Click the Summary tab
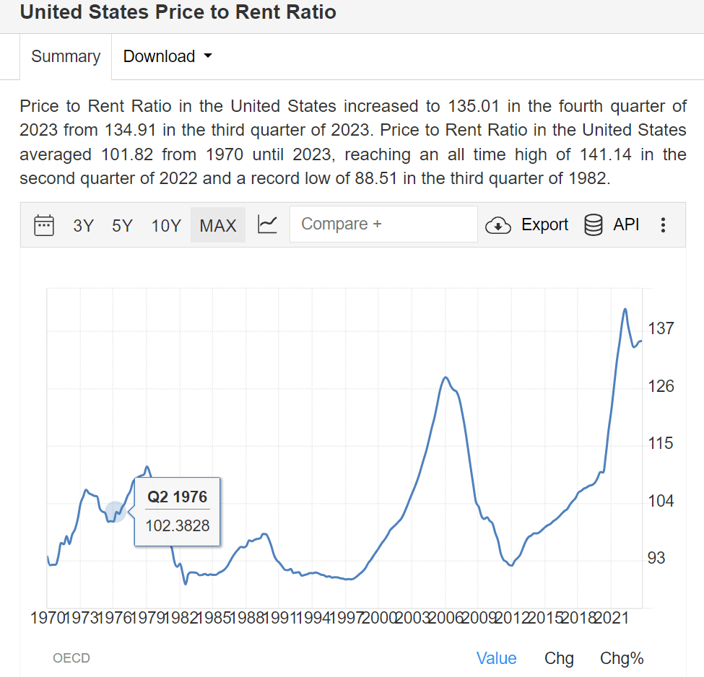coord(66,56)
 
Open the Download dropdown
coord(167,56)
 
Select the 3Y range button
coord(84,225)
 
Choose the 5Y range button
coord(122,225)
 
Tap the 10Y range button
coord(166,225)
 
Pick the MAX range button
coord(218,225)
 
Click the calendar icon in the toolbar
coord(44,225)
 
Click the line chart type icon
coord(267,225)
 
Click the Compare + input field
coord(383,224)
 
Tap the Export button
coord(527,225)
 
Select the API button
coord(612,225)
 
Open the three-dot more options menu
coord(663,225)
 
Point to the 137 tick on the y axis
coord(660,328)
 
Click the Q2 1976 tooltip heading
coord(177,497)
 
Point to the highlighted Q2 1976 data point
coord(115,512)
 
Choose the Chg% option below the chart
coord(621,658)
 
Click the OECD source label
coord(71,658)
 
